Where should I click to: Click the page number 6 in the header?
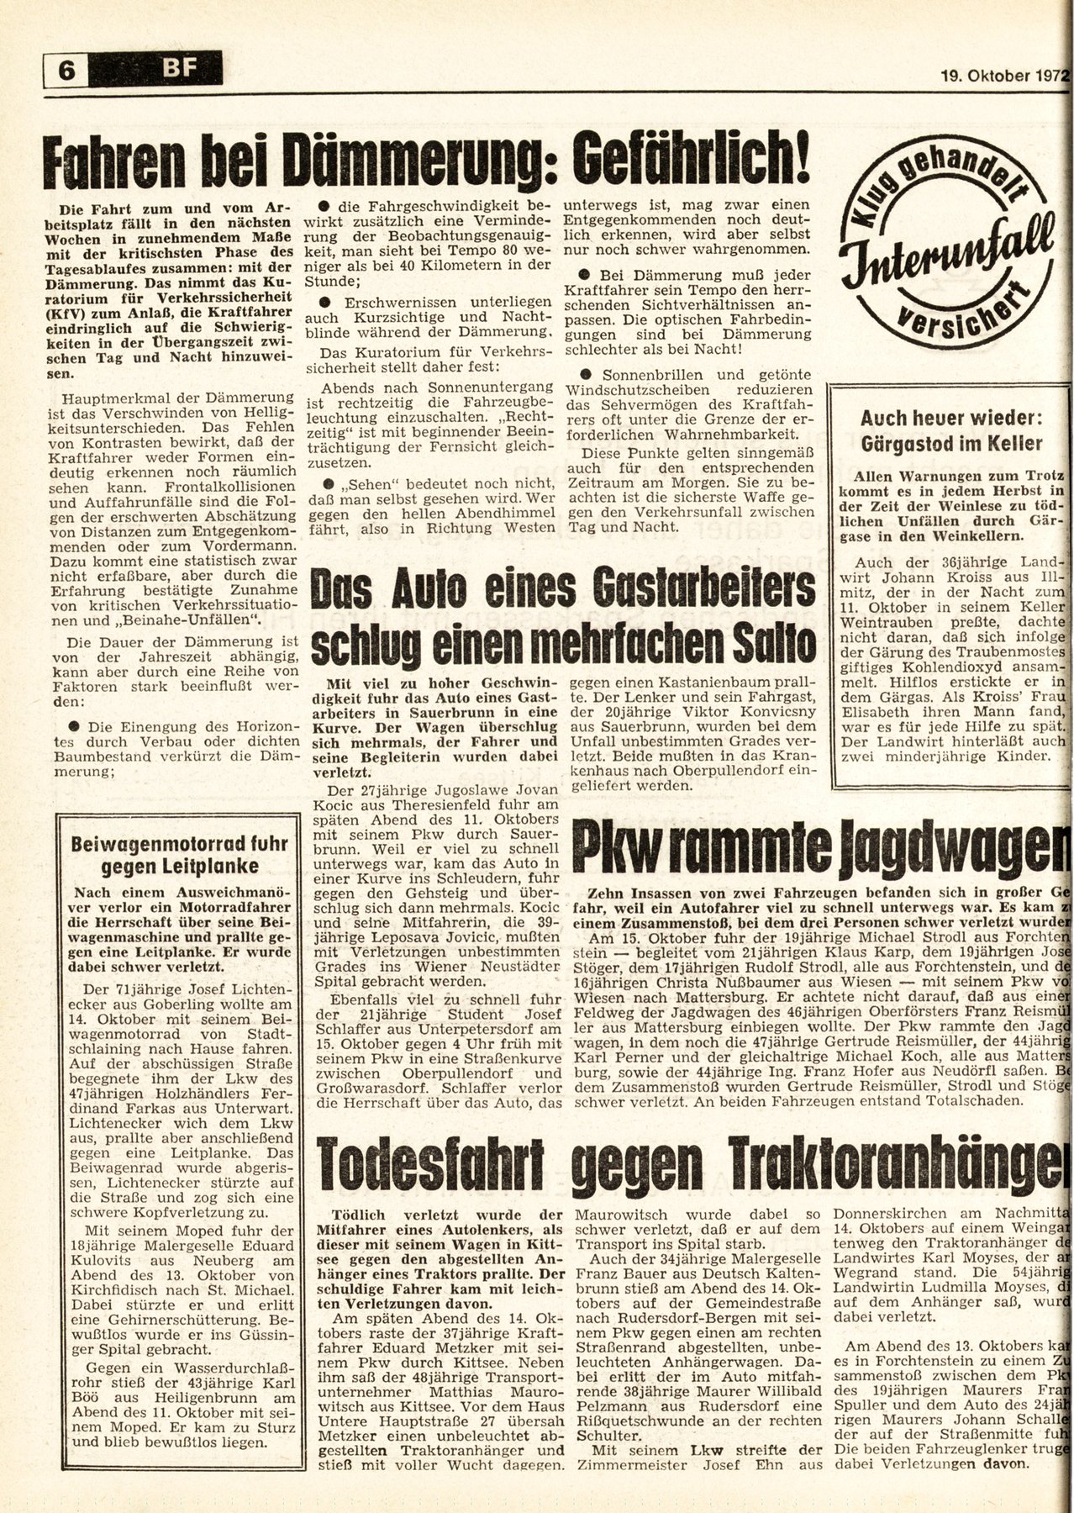click(63, 71)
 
